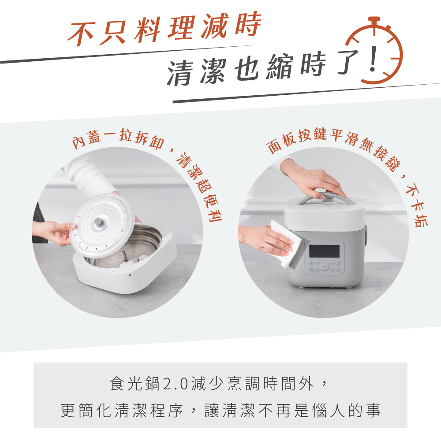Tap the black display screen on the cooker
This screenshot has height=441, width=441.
coord(324,251)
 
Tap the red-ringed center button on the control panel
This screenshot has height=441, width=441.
coord(325,266)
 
